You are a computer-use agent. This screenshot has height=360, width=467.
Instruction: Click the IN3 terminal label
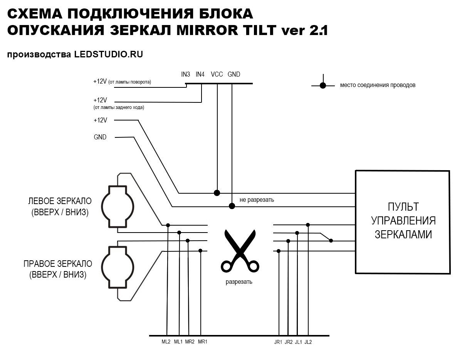pyautogui.click(x=186, y=74)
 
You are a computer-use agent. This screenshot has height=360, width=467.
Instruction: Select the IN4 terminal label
pyautogui.click(x=200, y=74)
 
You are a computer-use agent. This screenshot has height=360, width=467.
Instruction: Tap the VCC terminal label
pyautogui.click(x=217, y=74)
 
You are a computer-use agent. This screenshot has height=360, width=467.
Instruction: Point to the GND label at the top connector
pyautogui.click(x=234, y=74)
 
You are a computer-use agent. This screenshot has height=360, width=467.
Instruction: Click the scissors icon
pyautogui.click(x=240, y=251)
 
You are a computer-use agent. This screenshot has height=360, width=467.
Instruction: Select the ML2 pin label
pyautogui.click(x=166, y=342)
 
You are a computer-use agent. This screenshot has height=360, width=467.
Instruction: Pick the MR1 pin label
pyautogui.click(x=202, y=342)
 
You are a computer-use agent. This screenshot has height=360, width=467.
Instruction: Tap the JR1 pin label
pyautogui.click(x=278, y=342)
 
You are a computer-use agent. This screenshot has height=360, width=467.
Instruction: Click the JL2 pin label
pyautogui.click(x=308, y=342)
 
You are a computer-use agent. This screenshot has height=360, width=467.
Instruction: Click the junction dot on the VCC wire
pyautogui.click(x=217, y=193)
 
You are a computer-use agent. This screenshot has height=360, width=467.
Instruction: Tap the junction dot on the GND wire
pyautogui.click(x=232, y=206)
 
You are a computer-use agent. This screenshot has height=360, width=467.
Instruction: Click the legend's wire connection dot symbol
pyautogui.click(x=323, y=85)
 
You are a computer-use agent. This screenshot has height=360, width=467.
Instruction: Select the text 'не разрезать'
pyautogui.click(x=257, y=200)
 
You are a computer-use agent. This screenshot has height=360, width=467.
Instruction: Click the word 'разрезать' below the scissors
pyautogui.click(x=239, y=282)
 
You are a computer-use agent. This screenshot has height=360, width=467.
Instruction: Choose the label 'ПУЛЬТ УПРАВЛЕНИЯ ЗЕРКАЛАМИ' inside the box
pyautogui.click(x=403, y=221)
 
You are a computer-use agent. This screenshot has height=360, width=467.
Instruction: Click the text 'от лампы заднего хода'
pyautogui.click(x=119, y=107)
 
